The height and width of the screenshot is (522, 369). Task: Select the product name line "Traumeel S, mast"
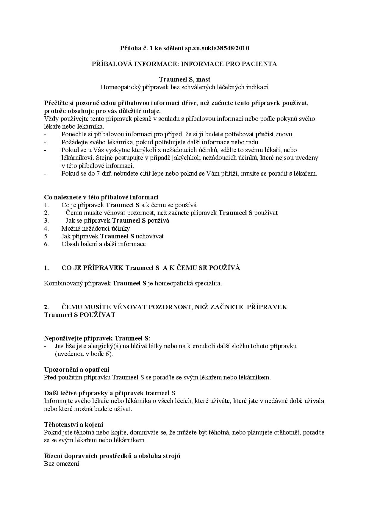pyautogui.click(x=185, y=79)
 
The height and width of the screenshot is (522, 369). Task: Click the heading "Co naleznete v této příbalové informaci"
pyautogui.click(x=101, y=197)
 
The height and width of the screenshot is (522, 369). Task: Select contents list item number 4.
pyautogui.click(x=46, y=229)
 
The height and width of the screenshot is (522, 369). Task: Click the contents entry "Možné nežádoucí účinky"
pyautogui.click(x=96, y=229)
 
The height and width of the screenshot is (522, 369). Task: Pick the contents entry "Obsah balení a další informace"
pyautogui.click(x=104, y=244)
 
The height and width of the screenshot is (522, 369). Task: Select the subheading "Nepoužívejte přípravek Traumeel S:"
pyautogui.click(x=97, y=338)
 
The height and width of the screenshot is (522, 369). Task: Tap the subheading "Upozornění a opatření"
pyautogui.click(x=77, y=370)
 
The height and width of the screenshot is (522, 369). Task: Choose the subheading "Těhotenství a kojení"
pyautogui.click(x=74, y=424)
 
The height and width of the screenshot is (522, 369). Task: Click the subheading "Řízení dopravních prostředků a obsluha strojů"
pyautogui.click(x=112, y=456)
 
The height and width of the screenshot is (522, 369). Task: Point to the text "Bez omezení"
pyautogui.click(x=62, y=464)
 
